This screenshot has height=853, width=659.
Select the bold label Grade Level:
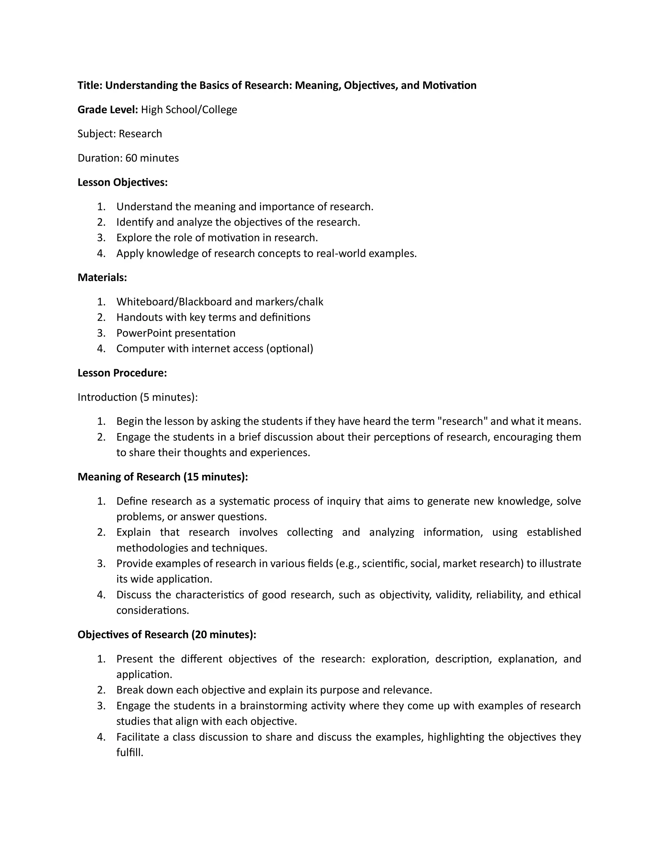(x=108, y=109)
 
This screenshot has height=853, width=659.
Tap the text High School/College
(x=189, y=109)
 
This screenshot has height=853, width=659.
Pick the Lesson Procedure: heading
(x=122, y=373)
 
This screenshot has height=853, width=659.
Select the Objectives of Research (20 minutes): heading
(x=167, y=634)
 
